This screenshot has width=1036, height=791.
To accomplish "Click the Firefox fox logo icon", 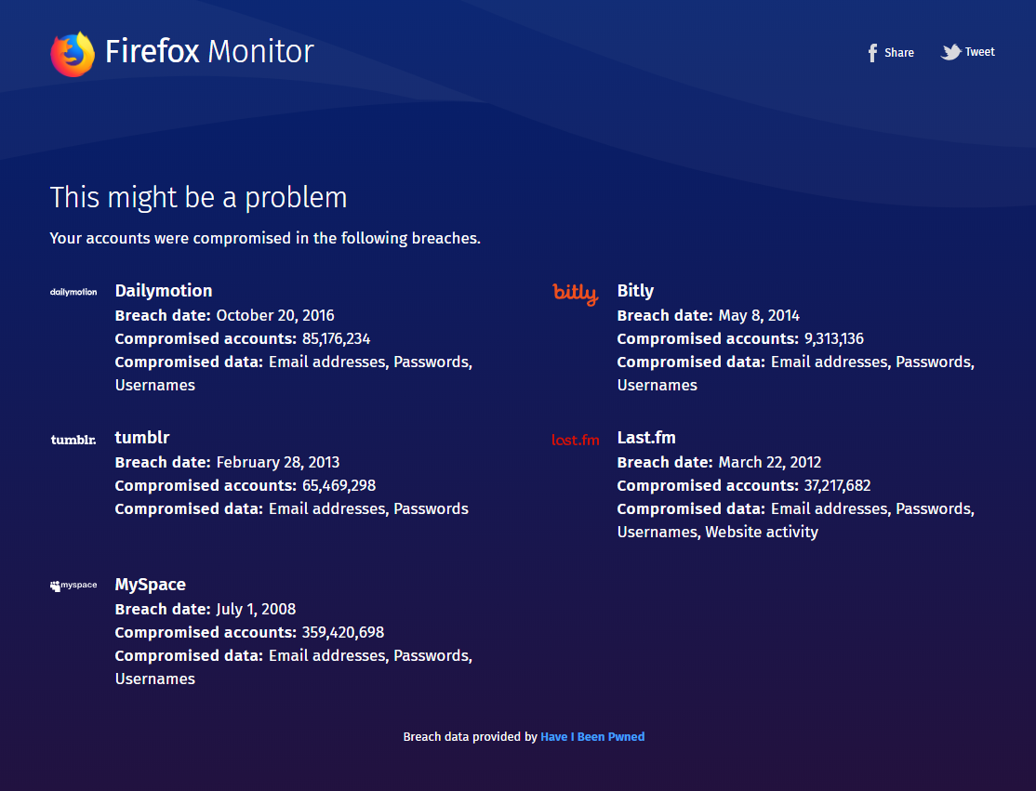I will tap(73, 53).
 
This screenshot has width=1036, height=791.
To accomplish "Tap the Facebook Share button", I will tap(890, 53).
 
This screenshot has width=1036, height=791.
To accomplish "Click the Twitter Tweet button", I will tap(968, 52).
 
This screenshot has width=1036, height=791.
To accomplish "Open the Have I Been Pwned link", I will tap(592, 737).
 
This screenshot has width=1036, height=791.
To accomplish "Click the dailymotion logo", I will tap(73, 292).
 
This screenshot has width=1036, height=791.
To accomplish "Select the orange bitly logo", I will tap(576, 294).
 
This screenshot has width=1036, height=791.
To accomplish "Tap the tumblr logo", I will tap(73, 440).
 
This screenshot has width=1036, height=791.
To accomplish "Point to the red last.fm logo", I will tap(576, 440).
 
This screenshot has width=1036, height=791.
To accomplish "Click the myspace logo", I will tap(73, 586).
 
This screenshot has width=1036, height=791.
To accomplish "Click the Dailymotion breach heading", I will tap(164, 291).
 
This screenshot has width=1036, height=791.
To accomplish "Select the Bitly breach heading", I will tap(635, 291).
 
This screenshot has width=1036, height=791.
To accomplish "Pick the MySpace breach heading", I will tap(151, 585).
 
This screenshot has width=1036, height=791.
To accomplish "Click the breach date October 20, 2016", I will tap(275, 315).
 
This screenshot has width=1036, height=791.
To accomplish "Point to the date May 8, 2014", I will tap(759, 315).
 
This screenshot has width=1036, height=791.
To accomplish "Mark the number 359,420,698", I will tap(343, 633).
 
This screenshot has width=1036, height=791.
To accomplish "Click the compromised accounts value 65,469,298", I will tap(339, 486).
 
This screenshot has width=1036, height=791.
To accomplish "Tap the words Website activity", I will tap(762, 533).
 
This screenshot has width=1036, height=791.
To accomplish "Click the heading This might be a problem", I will tap(198, 197).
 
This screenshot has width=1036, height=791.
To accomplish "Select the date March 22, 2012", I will tap(770, 462).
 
